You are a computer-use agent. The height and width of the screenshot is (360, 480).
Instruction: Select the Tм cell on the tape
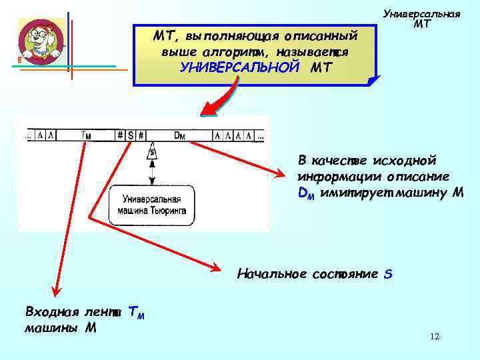coord(86,135)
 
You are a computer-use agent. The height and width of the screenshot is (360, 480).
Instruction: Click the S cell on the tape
coord(131,135)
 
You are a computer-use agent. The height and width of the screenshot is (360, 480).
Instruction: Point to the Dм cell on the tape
coord(179,135)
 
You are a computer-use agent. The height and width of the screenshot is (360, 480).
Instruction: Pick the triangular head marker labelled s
coord(152,153)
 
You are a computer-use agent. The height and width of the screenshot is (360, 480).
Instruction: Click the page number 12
coord(435,337)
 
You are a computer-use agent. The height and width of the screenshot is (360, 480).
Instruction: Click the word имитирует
coord(353,193)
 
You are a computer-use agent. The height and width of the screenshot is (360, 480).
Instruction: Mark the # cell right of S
coord(142,135)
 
